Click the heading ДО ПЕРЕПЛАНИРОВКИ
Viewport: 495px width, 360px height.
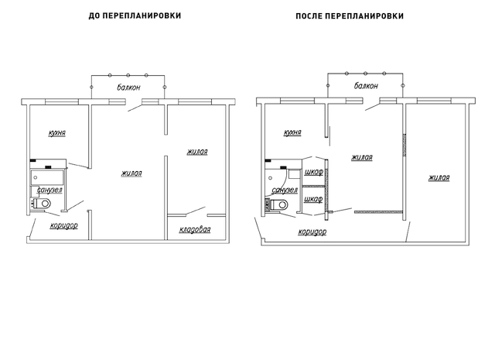click(135, 15)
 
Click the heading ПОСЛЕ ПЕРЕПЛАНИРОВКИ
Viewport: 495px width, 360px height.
click(350, 16)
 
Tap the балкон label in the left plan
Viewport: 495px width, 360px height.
click(128, 87)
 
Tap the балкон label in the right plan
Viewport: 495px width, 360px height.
click(366, 86)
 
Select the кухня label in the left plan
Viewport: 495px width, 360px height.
click(57, 132)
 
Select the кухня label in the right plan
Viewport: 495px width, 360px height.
click(292, 132)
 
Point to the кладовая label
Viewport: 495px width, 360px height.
click(195, 230)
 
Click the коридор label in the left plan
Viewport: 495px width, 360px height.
click(63, 225)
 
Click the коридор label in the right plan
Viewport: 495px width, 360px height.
click(312, 232)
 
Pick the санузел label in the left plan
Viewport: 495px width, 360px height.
click(49, 190)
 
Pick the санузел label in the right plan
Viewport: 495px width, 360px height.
click(285, 190)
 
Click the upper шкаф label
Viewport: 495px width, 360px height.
click(314, 173)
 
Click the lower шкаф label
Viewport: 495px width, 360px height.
click(313, 200)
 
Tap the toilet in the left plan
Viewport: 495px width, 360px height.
click(41, 204)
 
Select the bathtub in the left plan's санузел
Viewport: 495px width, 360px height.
click(47, 178)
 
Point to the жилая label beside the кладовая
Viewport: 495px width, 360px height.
click(197, 152)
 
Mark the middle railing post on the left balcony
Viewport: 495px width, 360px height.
click(128, 75)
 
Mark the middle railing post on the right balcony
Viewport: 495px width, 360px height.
click(365, 74)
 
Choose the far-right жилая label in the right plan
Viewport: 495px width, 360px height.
click(439, 178)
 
